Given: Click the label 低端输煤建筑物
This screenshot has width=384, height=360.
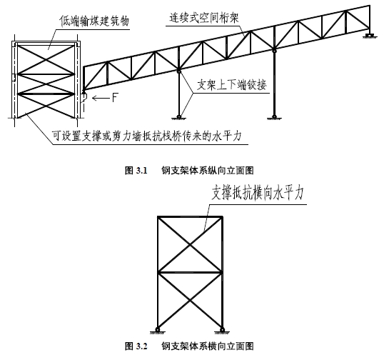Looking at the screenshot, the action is tap(94, 21).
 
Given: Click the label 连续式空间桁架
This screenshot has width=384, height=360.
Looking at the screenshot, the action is tap(204, 18).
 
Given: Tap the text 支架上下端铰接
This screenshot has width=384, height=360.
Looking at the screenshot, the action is tap(231, 85).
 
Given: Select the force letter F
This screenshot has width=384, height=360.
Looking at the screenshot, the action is tap(115, 98).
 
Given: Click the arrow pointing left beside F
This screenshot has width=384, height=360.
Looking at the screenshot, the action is tap(101, 99).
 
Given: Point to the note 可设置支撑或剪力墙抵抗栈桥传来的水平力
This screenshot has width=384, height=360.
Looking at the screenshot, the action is tap(147, 136).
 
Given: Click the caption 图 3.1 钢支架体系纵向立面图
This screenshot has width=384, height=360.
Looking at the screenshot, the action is tap(189, 170).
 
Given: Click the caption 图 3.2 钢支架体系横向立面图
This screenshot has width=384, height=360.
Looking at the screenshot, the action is tap(189, 346).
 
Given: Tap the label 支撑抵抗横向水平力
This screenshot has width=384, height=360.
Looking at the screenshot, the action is tap(258, 193).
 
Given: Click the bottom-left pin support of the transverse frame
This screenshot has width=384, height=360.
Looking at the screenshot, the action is tap(157, 330).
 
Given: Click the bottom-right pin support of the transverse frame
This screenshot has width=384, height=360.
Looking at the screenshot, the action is tap(222, 330).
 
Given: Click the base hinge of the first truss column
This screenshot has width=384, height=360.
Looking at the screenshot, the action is tap(179, 117).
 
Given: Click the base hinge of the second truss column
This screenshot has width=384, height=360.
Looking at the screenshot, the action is tap(274, 117).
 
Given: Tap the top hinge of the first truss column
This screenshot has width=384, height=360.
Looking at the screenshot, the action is tap(179, 71).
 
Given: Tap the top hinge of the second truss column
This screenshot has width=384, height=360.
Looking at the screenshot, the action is tap(274, 51).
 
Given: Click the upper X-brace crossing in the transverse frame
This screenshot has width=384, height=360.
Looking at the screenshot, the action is tap(190, 244).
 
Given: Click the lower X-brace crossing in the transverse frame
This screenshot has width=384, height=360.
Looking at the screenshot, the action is tap(190, 301).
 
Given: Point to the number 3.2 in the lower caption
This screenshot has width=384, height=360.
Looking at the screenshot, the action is tap(142, 346).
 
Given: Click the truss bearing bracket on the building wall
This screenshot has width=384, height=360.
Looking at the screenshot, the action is tap(84, 98).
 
